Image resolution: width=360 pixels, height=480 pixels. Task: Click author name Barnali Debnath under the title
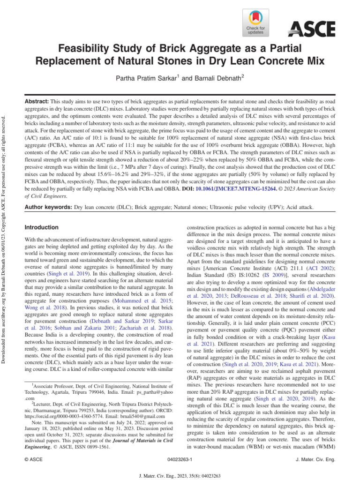pyautogui.click(x=217, y=78)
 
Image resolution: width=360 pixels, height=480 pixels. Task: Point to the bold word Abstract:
pyautogui.click(x=36, y=102)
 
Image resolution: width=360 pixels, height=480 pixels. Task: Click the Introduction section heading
pyautogui.click(x=41, y=228)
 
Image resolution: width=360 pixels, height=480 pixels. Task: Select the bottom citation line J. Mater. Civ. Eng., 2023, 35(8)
pyautogui.click(x=180, y=475)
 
